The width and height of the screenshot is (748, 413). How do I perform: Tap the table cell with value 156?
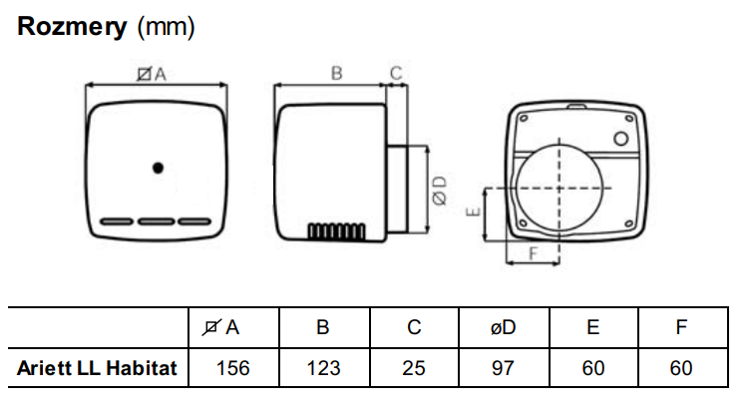232,368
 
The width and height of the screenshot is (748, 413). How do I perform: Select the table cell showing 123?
322,368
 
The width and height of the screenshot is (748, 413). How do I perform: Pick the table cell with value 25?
413,368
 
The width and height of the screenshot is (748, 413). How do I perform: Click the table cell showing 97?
503,368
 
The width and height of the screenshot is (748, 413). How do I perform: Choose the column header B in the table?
322,327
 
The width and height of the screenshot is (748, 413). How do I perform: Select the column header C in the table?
413,327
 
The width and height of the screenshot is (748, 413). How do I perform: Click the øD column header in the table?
503,327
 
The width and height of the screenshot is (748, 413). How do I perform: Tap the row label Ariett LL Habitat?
97,368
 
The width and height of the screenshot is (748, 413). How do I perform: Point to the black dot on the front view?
158,168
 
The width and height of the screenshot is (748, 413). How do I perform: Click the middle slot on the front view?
158,221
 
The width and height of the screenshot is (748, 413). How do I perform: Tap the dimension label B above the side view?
336,73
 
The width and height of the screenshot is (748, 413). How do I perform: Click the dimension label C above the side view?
396,73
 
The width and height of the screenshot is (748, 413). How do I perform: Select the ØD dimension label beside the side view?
439,191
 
